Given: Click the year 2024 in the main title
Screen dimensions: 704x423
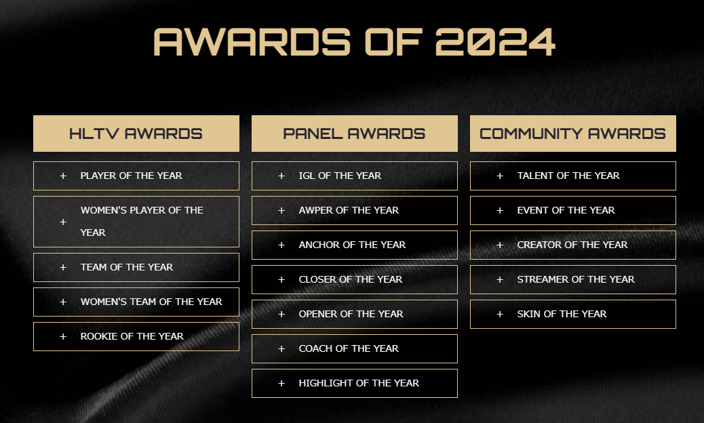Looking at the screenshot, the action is tap(495, 42).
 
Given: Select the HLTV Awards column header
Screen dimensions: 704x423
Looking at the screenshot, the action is tap(136, 134).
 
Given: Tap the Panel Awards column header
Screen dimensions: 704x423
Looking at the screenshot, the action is tap(354, 134).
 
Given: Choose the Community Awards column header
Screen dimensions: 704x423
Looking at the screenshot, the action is tap(573, 134).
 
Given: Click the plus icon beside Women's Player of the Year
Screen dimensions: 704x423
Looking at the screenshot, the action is tap(63, 222).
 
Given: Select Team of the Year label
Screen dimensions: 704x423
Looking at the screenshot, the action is tap(127, 267).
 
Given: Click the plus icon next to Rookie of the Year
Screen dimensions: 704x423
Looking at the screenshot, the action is tap(63, 336).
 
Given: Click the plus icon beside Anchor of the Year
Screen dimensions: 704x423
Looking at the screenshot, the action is tap(281, 245).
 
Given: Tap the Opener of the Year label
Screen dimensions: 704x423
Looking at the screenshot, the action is tap(351, 314).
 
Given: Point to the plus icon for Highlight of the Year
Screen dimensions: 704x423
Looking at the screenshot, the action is tap(281, 383).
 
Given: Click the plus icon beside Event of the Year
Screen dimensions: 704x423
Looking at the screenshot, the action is tap(500, 210).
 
